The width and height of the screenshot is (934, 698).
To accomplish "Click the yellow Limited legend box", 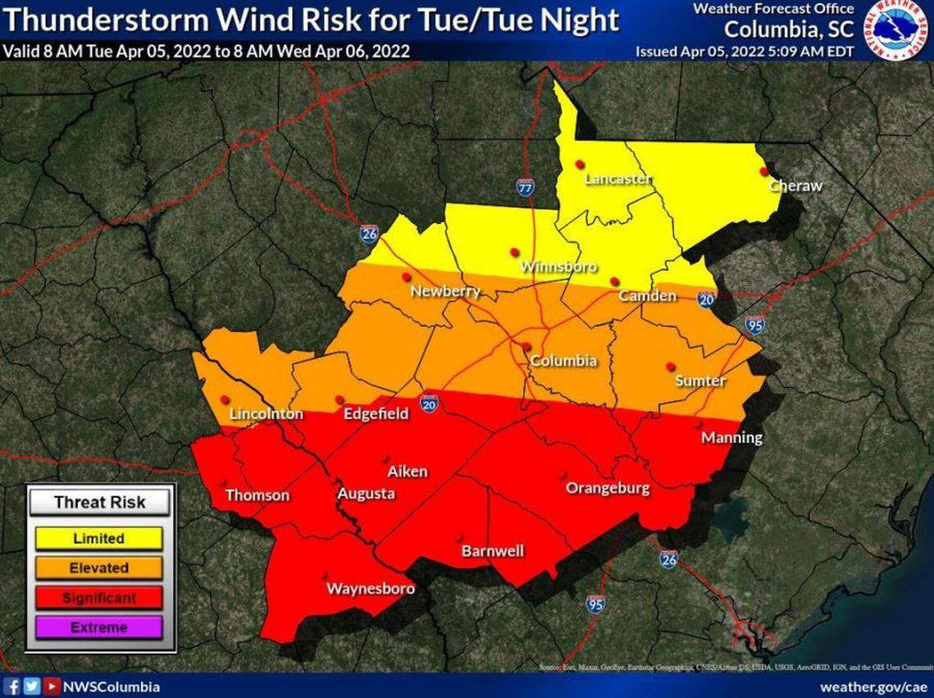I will pos(98,539).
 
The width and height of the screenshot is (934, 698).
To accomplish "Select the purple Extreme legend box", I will pos(98,627).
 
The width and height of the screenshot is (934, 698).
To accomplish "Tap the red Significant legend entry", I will pos(98,598).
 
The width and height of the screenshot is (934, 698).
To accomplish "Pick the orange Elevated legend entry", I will pos(98,568).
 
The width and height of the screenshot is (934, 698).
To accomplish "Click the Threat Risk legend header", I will pos(99,502).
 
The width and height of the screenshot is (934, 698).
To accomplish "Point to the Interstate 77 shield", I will pos(526,187).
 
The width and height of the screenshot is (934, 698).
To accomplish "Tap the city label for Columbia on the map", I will pos(563,362).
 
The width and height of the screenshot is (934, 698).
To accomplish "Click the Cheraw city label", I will pos(795,186).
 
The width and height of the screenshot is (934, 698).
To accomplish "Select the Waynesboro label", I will pos(370,589).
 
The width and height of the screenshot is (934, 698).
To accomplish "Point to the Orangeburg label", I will pos(608,489).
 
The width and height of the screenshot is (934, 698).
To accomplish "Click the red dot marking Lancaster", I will pos(578,164).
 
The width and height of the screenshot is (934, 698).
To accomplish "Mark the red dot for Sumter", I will pos(670,366).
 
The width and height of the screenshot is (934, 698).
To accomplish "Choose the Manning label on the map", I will pos(731,438).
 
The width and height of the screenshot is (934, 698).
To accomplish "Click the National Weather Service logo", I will pos(896,30).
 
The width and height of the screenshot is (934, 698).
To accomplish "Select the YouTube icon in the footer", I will pos(51,687).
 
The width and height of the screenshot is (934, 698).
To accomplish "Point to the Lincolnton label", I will pos(265,414).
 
